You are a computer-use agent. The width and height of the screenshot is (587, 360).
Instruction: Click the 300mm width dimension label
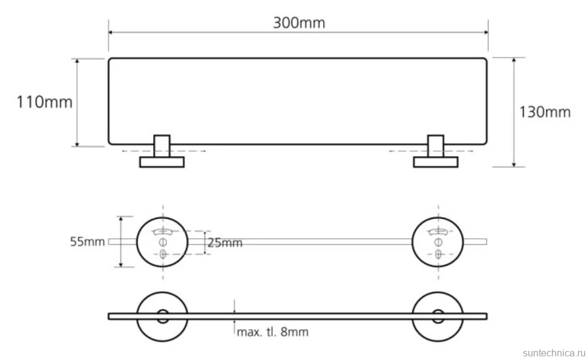tap(299, 23)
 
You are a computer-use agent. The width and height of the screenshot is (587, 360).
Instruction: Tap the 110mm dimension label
tap(45, 102)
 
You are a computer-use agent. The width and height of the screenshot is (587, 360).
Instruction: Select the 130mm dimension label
tap(545, 112)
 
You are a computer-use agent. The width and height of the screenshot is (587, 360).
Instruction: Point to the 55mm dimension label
tap(87, 242)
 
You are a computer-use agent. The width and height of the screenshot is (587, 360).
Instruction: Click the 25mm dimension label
tap(225, 243)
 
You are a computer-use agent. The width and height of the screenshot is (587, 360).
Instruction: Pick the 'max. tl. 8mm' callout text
tap(273, 332)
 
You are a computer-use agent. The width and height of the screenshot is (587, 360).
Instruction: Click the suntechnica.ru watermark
tap(554, 353)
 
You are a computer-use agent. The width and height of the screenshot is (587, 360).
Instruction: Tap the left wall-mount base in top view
tap(162, 162)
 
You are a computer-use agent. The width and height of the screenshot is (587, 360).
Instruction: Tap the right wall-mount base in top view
tap(436, 162)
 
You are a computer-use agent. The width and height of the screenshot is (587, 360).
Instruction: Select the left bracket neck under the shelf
tap(162, 146)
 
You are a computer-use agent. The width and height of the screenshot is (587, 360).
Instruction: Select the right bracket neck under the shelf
tap(436, 146)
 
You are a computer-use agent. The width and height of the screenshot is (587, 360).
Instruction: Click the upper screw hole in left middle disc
tap(162, 242)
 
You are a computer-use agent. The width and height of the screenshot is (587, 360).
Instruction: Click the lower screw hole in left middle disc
tap(162, 254)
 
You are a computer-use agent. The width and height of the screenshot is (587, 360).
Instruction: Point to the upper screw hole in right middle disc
tap(438, 242)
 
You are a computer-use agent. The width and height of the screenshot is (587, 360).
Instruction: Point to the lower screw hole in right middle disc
tap(438, 254)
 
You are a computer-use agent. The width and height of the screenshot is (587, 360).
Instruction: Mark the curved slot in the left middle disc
tap(162, 232)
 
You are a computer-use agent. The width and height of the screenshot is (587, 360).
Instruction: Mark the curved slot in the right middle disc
tap(438, 232)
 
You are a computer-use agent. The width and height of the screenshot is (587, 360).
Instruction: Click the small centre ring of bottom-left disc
tap(162, 310)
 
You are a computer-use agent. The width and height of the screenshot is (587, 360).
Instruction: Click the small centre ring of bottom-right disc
tap(438, 310)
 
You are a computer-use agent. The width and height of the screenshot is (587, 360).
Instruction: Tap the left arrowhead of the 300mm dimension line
tap(111, 32)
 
